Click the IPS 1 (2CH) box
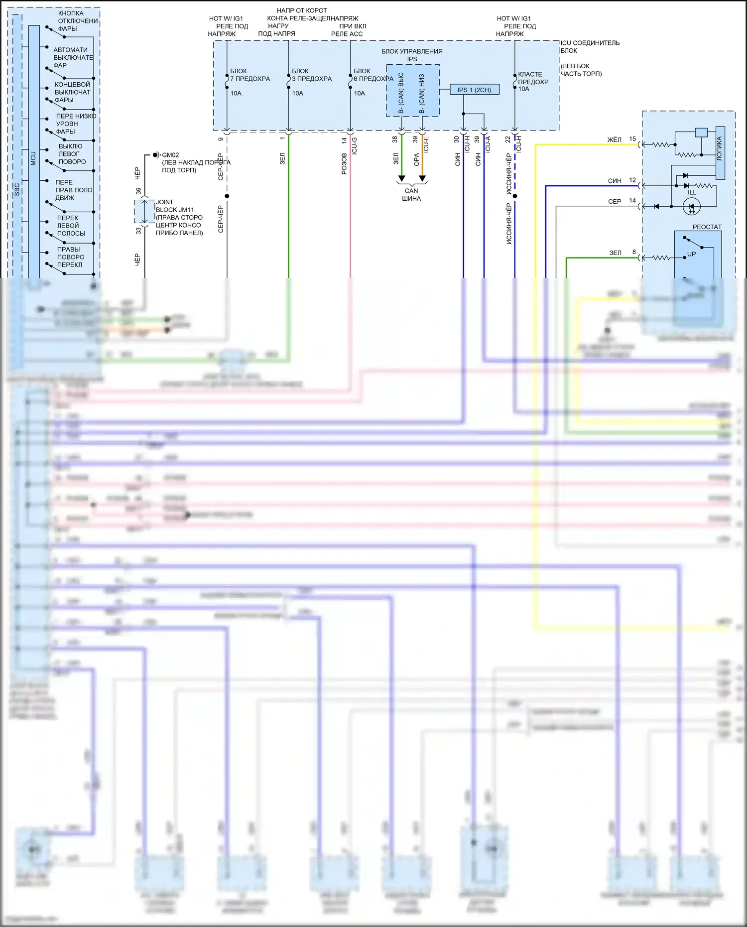tap(474, 90)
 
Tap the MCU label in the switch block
tap(33, 158)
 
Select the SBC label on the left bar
tap(17, 189)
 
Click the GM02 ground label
tap(170, 155)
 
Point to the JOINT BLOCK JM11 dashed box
tap(144, 212)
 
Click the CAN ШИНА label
tap(411, 194)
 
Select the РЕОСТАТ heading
tap(707, 227)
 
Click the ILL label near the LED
tap(692, 192)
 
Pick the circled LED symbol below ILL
tap(692, 206)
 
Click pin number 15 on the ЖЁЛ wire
tap(632, 139)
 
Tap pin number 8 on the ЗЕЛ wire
tap(634, 252)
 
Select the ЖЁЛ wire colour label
tap(615, 139)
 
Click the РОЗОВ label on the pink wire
tap(344, 163)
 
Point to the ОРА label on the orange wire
tap(416, 159)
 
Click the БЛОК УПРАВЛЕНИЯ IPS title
tap(412, 55)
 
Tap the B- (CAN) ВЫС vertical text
tap(401, 93)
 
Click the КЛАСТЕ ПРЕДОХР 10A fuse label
tap(532, 81)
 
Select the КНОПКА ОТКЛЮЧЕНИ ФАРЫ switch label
tap(77, 21)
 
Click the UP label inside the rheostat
tap(691, 254)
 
